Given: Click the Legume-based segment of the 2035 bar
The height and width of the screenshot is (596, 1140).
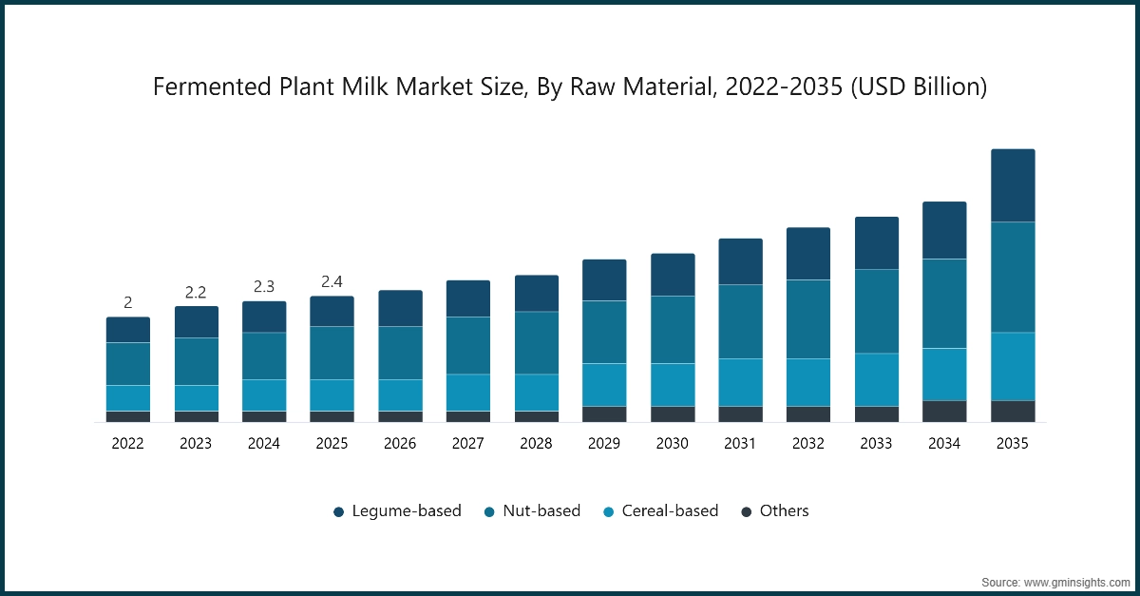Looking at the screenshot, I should [1013, 185].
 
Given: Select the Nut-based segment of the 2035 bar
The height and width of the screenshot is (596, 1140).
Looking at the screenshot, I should [1013, 277].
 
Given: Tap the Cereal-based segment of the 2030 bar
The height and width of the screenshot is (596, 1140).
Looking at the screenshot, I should [673, 384].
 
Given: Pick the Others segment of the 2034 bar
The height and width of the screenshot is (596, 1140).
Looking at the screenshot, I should [944, 411].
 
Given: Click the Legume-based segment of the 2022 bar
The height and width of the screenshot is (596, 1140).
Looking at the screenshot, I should [128, 330].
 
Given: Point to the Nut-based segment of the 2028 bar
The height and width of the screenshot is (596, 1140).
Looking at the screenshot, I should [537, 342].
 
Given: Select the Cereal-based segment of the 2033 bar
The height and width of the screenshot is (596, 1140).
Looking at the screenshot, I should [877, 379].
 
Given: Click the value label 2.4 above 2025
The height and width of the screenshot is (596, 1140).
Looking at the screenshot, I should [332, 282].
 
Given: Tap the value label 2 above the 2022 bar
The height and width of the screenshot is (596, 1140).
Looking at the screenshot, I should [128, 303].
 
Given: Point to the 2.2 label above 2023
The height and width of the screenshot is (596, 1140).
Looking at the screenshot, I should [196, 293].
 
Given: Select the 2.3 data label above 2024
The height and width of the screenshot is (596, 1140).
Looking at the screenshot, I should [264, 287].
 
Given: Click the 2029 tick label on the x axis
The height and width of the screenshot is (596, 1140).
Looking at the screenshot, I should [604, 443].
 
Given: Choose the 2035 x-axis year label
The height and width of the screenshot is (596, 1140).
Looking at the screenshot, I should [1013, 443].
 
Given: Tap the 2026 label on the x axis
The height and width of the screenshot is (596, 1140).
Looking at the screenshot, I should [400, 443].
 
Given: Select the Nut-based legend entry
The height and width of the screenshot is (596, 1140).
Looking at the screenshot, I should [541, 511].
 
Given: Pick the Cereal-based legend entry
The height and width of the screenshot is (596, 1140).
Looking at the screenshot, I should [669, 511].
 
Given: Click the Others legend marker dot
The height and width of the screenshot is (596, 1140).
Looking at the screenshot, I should [747, 512].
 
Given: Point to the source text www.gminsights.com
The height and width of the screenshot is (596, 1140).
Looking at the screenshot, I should [1074, 581].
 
